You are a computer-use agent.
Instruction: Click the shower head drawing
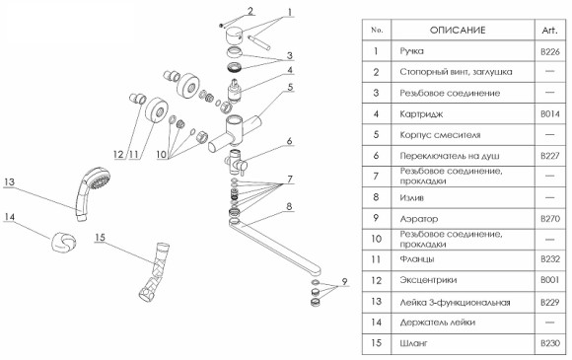(91, 191)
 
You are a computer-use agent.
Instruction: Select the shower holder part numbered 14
(64, 242)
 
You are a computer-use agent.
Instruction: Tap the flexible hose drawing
(155, 271)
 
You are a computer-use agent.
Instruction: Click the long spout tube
(273, 247)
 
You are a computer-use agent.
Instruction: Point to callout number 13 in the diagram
(9, 181)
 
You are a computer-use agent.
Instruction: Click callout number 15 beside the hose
(100, 238)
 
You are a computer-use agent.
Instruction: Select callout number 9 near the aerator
(345, 281)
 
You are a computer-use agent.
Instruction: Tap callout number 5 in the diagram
(290, 87)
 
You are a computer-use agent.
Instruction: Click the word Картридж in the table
(421, 114)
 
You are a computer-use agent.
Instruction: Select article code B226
(550, 51)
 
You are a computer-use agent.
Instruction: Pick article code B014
(550, 114)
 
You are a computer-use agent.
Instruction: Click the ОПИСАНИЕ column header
(458, 30)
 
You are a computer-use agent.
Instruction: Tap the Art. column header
(549, 31)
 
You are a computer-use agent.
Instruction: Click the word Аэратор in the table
(419, 219)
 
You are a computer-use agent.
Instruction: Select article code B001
(550, 280)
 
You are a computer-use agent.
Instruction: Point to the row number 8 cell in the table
(376, 197)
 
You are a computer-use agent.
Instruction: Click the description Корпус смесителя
(440, 135)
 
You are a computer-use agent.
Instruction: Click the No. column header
(377, 30)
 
